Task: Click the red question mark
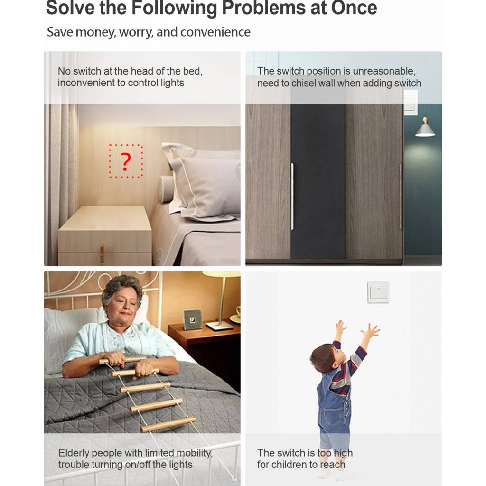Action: pyautogui.click(x=125, y=161)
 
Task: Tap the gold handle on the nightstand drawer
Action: pyautogui.click(x=102, y=254)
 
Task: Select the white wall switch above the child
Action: pyautogui.click(x=378, y=292)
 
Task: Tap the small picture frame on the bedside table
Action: pyautogui.click(x=193, y=319)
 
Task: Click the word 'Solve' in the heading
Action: pyautogui.click(x=70, y=8)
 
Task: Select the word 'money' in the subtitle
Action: pyautogui.click(x=95, y=32)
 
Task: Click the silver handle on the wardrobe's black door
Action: pyautogui.click(x=292, y=196)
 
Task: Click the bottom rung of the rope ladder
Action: pyautogui.click(x=168, y=424)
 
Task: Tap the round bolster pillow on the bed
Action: pyautogui.click(x=166, y=189)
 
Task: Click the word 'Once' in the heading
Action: pyautogui.click(x=354, y=8)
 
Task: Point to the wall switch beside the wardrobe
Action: pyautogui.click(x=411, y=103)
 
